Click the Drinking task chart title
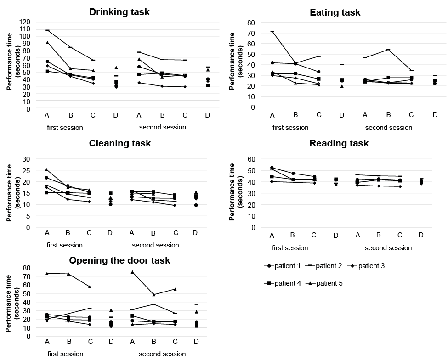coord(119,12)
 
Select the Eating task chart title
coord(335,12)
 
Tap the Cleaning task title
coord(119,143)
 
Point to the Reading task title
coord(339,143)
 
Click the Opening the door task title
coord(119,260)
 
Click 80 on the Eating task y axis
coord(251,22)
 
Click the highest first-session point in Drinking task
coord(47,30)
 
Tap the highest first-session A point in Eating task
coord(272,31)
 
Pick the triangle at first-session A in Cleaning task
coord(47,169)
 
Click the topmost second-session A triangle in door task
coord(132,272)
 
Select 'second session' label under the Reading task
coord(388,248)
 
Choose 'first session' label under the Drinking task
coord(65,127)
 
